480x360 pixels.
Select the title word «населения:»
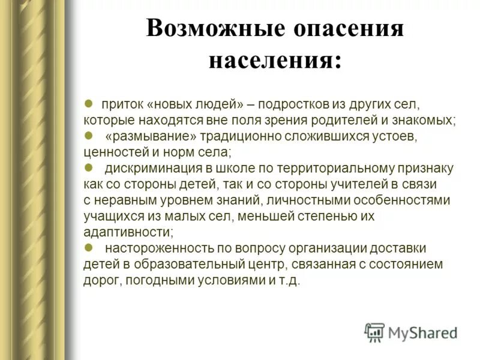pyautogui.click(x=275, y=61)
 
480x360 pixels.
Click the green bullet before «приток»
pyautogui.click(x=88, y=103)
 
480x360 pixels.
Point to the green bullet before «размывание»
pyautogui.click(x=88, y=136)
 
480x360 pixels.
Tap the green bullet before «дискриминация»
pyautogui.click(x=88, y=168)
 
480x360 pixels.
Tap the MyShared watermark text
pyautogui.click(x=423, y=332)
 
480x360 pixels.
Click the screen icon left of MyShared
pyautogui.click(x=374, y=332)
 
